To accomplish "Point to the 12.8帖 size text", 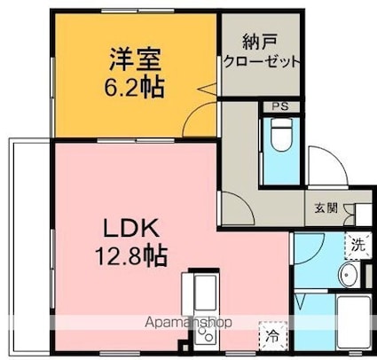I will (x=132, y=256).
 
